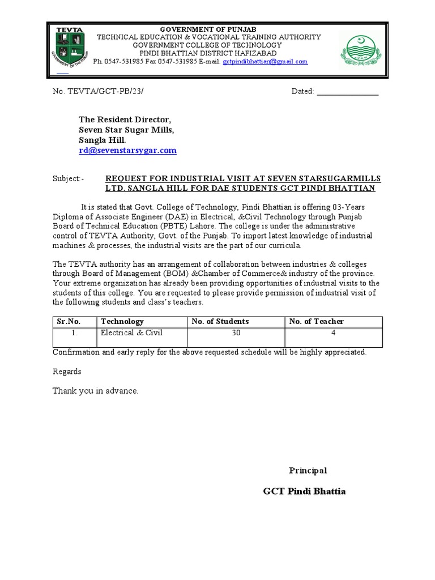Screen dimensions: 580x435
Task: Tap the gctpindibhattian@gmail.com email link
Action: [x=265, y=61]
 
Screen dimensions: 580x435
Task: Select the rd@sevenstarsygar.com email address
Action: [x=127, y=151]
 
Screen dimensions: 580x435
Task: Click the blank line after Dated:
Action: [x=347, y=91]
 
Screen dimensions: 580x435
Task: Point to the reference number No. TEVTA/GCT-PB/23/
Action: [x=102, y=91]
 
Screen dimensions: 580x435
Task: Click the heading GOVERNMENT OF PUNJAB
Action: [x=209, y=28]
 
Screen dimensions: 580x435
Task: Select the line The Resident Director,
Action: [x=124, y=120]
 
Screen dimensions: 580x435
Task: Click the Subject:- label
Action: [x=68, y=178]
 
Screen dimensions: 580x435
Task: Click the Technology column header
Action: [x=122, y=321]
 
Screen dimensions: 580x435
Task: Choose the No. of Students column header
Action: [x=220, y=321]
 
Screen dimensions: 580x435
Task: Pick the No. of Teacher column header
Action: [x=316, y=321]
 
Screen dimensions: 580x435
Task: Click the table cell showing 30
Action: [x=236, y=333]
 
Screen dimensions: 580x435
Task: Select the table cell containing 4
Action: [x=334, y=333]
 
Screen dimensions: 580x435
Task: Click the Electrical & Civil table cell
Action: [x=126, y=333]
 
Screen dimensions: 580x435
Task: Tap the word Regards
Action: [x=67, y=372]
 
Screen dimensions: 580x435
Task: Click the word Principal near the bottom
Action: [x=308, y=471]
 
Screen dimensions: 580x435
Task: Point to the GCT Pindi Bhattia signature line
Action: [x=304, y=491]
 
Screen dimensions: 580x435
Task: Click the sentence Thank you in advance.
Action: [x=95, y=391]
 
